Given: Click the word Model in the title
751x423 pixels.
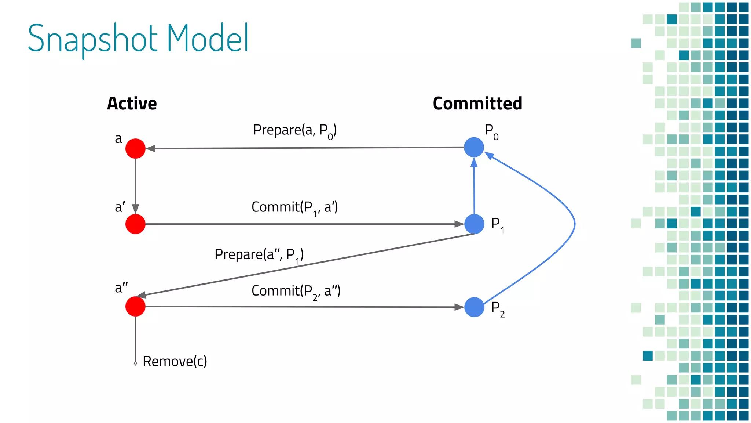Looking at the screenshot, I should pos(208,38).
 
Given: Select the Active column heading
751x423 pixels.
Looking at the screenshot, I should pos(132,104).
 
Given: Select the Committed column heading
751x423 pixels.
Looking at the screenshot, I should pos(477,104).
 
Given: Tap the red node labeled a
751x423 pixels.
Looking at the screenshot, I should pos(135,148).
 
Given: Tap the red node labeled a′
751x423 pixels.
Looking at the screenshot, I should pos(135,224).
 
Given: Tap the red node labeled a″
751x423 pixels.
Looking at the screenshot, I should pos(135,306).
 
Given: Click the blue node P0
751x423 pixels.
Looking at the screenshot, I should pos(474,147).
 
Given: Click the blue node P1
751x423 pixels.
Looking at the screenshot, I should pos(474,224).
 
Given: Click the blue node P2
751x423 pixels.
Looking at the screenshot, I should pos(474,307).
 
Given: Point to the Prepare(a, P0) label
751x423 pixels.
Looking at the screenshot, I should pos(294,130).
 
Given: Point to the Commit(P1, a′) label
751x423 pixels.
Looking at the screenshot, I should pos(294,207).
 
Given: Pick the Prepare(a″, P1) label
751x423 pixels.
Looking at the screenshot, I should pos(259,254).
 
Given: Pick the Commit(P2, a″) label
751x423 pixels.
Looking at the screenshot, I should pos(296,291).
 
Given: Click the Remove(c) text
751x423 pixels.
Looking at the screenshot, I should pos(175,361).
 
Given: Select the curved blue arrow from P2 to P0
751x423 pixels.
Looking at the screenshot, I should pos(574,224).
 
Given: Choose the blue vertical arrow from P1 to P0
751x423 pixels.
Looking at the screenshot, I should pos(474,187).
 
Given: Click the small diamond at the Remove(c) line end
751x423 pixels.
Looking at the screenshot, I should pos(135,363).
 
